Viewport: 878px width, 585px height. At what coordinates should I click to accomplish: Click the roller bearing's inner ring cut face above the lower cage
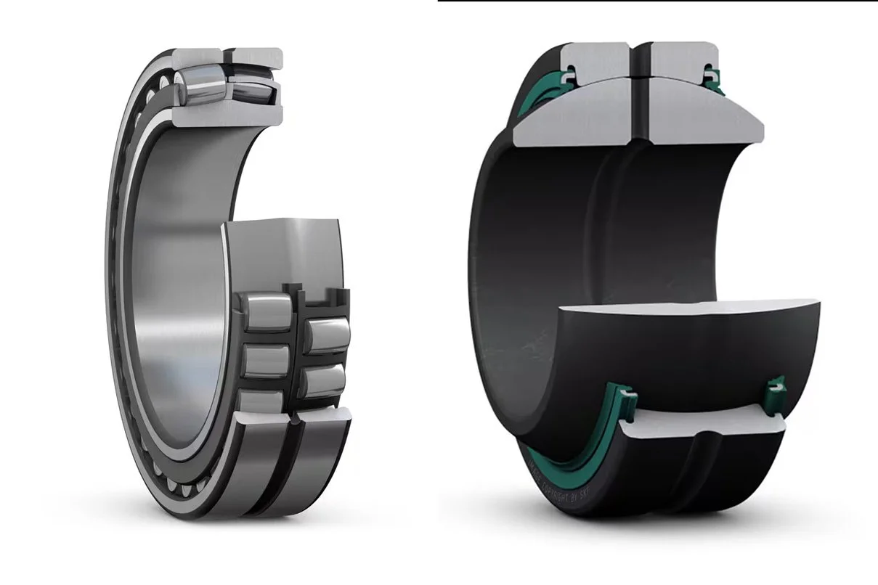click(283, 250)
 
